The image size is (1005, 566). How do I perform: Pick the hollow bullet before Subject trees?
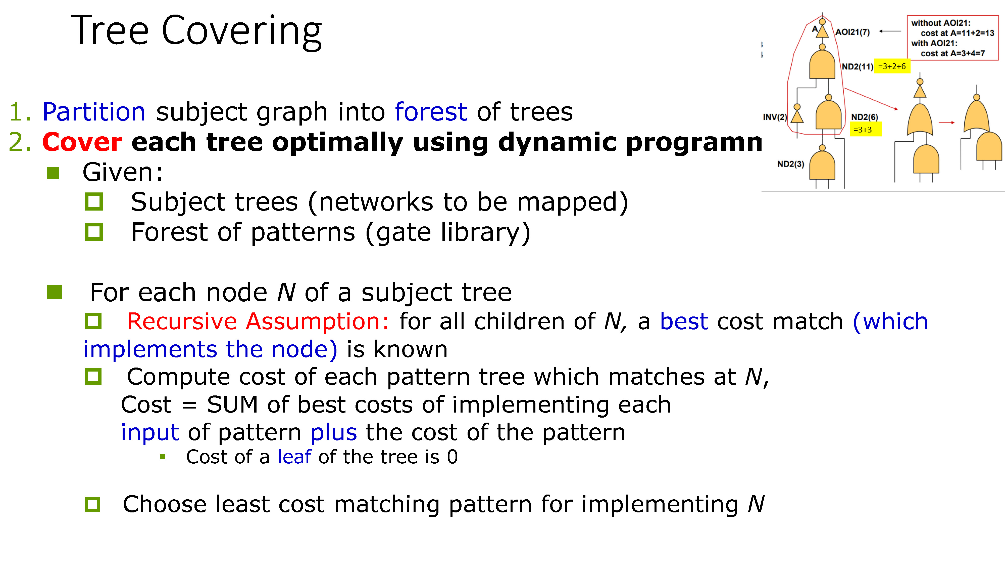(94, 201)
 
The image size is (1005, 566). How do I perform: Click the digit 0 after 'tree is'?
(452, 457)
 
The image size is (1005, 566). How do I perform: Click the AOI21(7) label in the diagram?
(852, 32)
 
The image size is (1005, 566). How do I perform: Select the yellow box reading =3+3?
(865, 130)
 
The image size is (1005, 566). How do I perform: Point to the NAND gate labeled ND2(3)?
(822, 166)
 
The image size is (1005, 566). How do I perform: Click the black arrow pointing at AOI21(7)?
(890, 31)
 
